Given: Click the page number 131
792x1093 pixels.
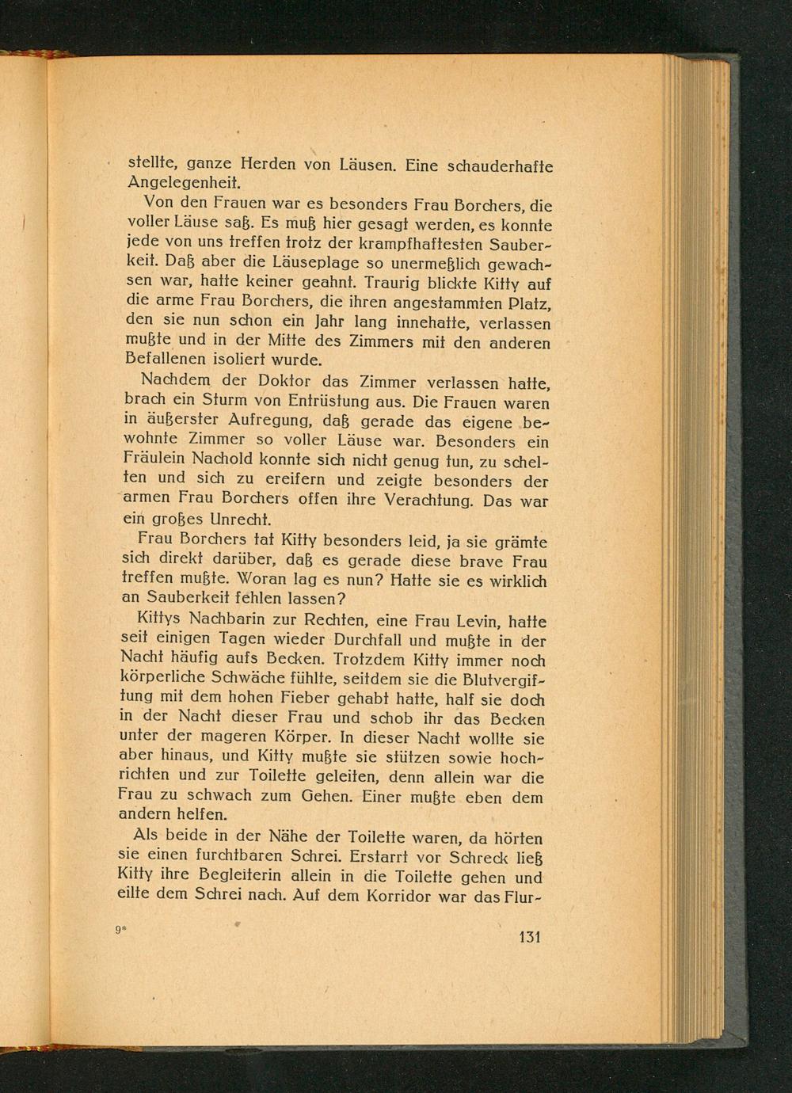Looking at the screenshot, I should coord(528,938).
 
